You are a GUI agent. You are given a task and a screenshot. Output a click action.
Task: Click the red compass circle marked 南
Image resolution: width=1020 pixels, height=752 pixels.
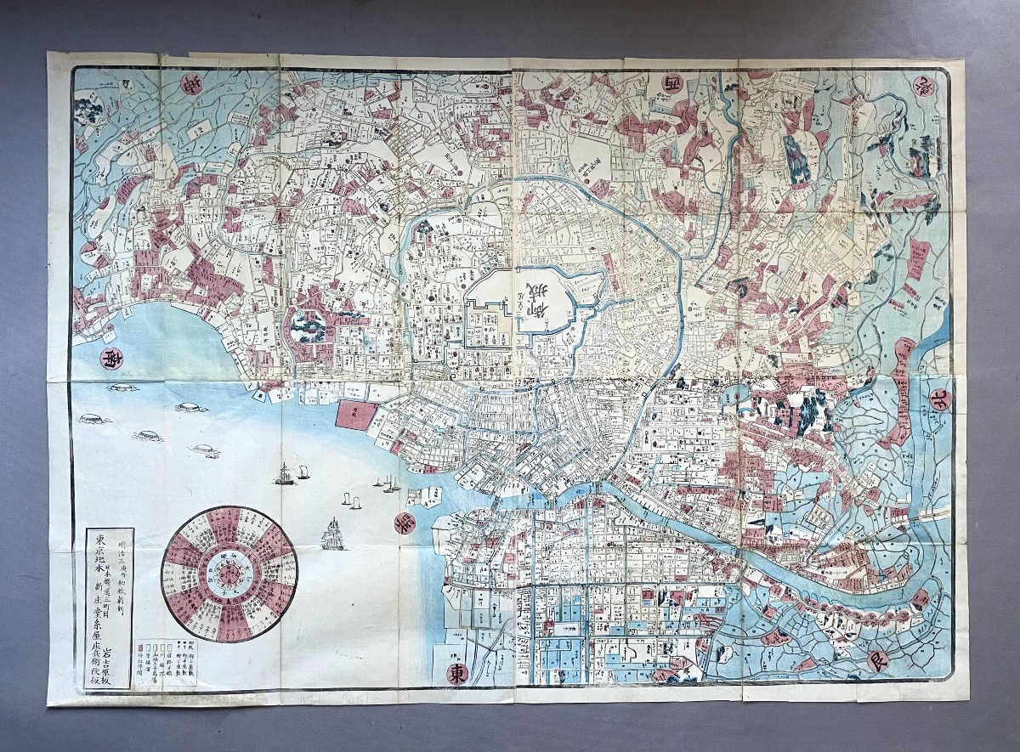(111, 359)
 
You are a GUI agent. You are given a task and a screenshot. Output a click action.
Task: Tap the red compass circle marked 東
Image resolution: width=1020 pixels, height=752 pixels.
(456, 673)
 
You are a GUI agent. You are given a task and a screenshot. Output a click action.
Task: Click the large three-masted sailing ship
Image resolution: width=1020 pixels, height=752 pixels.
(332, 535)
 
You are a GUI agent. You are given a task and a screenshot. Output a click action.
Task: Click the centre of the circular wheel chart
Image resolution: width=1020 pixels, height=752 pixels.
(229, 575)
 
